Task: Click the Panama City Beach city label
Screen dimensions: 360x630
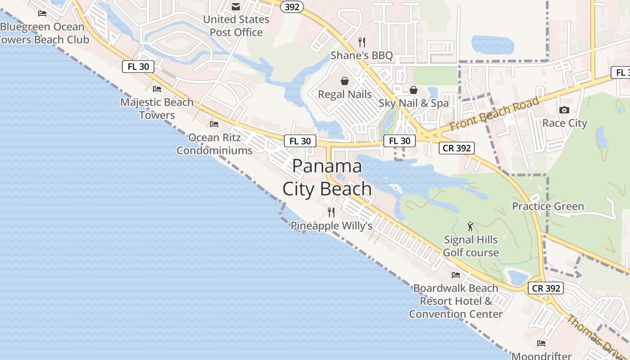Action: [x=327, y=177]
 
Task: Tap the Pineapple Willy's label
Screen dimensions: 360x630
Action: [x=332, y=225]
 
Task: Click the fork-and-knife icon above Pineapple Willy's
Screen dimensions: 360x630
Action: [x=332, y=212]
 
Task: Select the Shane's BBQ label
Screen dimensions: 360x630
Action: [x=362, y=55]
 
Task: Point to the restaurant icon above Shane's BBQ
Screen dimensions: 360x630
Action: [x=362, y=42]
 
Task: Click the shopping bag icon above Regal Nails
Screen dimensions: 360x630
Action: [x=345, y=81]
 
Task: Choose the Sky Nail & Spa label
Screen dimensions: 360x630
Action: [x=414, y=103]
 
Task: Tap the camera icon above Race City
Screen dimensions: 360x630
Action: [x=564, y=110]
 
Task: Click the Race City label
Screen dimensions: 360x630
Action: [x=565, y=123]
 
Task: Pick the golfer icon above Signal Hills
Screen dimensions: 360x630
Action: [x=471, y=226]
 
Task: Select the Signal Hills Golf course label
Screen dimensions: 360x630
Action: [x=471, y=246]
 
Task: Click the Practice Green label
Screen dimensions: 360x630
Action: [x=548, y=206]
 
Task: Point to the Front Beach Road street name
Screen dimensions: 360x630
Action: [x=494, y=114]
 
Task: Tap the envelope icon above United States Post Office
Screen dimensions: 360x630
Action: [x=236, y=6]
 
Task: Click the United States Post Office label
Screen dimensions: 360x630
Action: [x=236, y=26]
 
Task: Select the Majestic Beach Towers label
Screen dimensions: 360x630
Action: [x=157, y=108]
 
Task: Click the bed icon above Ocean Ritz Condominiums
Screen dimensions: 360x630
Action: [x=214, y=124]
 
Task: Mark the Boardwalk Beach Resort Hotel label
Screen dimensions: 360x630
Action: [x=456, y=301]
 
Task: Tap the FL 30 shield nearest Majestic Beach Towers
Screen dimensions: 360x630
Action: [x=138, y=67]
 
